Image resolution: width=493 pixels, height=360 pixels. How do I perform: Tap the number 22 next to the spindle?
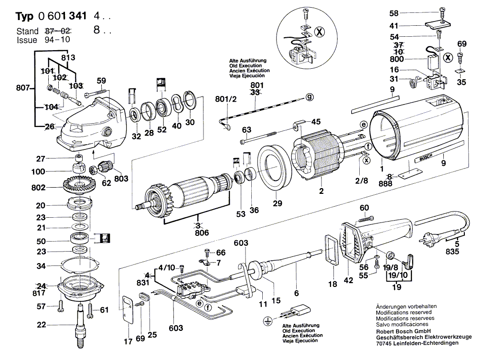[x=42, y=325]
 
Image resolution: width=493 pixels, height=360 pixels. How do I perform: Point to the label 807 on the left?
[x=22, y=88]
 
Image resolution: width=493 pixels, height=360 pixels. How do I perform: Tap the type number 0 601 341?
[x=65, y=16]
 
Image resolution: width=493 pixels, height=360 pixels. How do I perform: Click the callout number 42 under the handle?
[x=348, y=280]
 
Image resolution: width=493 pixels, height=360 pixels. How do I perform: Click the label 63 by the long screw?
[x=246, y=129]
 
